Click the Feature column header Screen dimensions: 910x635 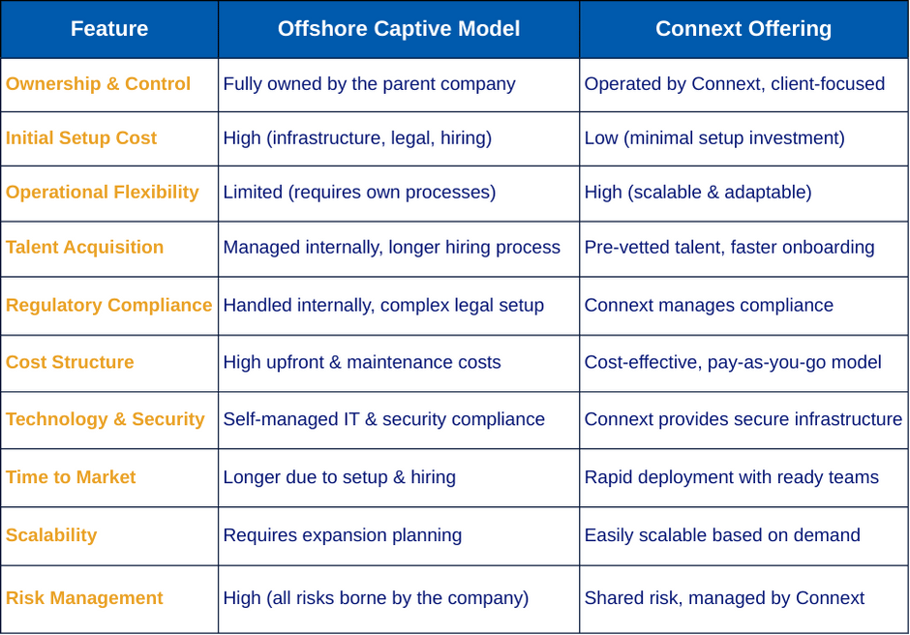tap(109, 28)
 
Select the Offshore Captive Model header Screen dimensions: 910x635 tap(399, 28)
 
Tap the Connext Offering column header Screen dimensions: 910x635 tap(743, 28)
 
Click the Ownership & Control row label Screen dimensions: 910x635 tap(98, 83)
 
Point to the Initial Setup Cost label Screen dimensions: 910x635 tap(81, 138)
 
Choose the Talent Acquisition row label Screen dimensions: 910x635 tap(85, 247)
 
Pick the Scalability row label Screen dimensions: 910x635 tap(51, 535)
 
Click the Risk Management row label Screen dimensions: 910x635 tap(84, 598)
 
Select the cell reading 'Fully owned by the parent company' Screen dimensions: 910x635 tap(369, 83)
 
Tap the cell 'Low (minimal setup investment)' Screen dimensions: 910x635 tap(714, 138)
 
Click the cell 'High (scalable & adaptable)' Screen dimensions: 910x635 tap(698, 192)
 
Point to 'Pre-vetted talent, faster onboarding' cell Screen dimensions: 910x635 tap(730, 247)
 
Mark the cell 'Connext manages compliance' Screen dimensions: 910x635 tap(709, 305)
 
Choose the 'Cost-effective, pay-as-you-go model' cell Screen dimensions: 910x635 tap(733, 362)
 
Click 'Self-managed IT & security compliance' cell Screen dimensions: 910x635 tap(384, 419)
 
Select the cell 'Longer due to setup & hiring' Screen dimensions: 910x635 tap(340, 477)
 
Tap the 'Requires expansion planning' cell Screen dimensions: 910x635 tap(343, 535)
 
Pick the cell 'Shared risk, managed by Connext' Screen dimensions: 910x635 tap(724, 598)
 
